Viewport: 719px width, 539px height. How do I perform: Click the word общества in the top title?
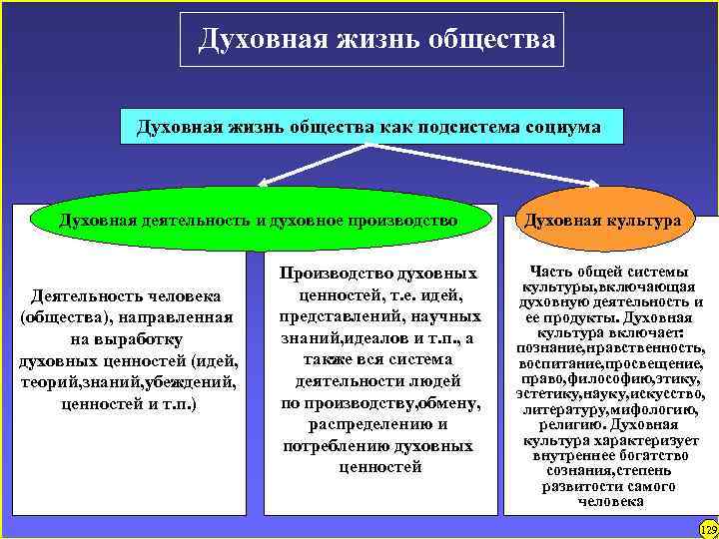(491, 39)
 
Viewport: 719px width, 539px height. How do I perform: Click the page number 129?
(708, 527)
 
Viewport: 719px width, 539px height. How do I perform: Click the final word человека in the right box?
(609, 501)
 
